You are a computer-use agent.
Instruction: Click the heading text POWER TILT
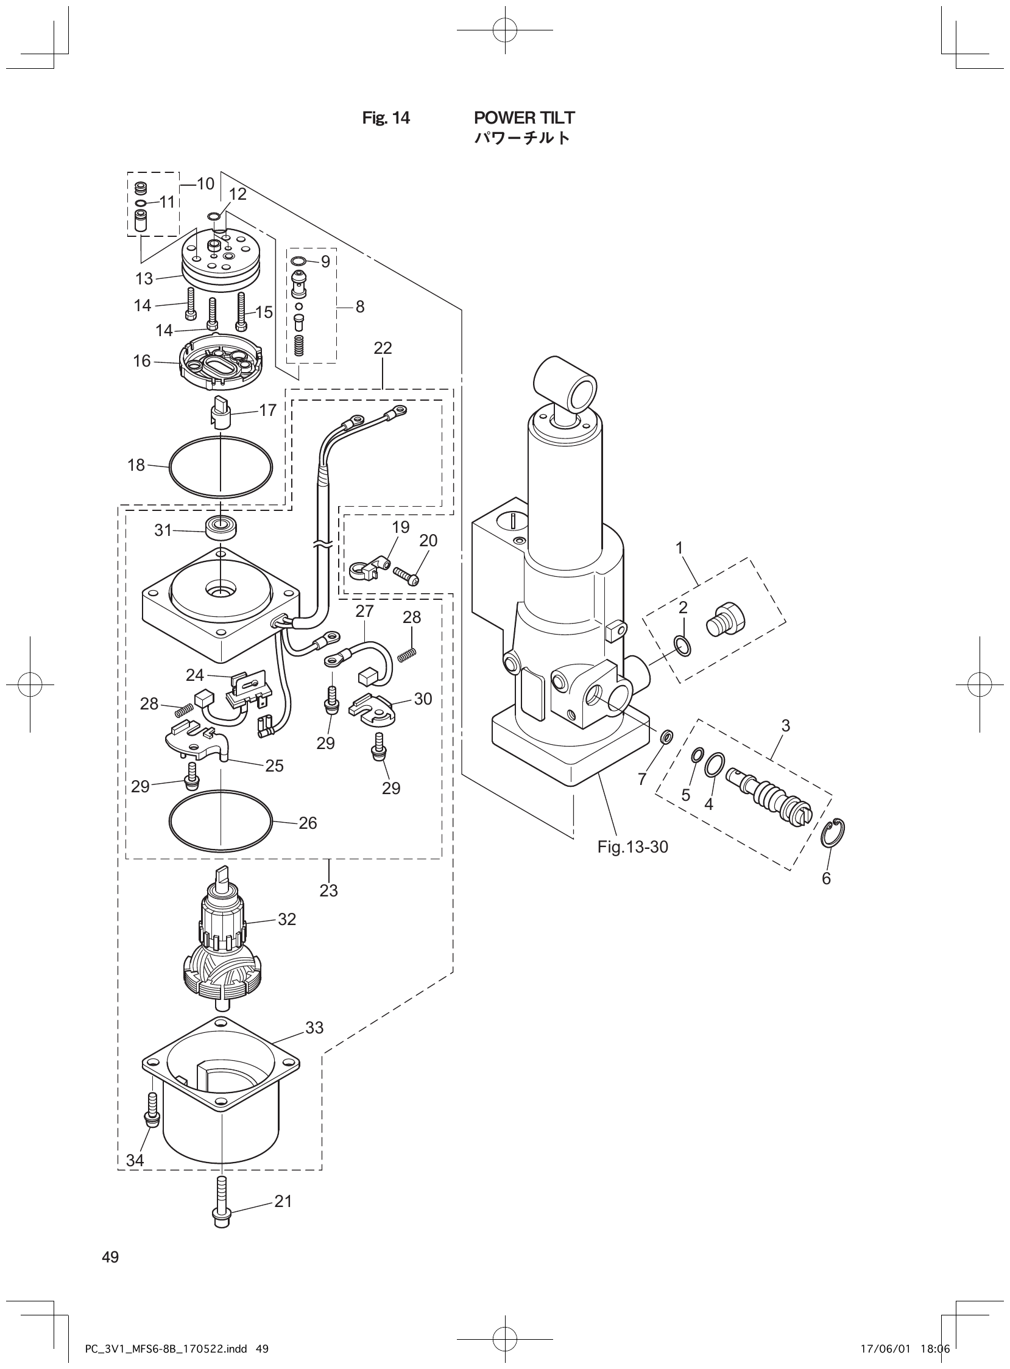[524, 118]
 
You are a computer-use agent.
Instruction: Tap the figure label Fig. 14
[386, 118]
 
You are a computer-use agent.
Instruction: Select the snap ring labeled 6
[834, 832]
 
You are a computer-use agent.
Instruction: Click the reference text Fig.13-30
[633, 847]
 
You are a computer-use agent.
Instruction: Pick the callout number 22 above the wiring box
[383, 348]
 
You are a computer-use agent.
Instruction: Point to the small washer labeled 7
[667, 738]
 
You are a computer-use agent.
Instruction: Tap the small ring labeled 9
[298, 262]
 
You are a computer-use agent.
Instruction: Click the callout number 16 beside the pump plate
[142, 361]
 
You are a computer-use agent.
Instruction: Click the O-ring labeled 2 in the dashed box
[683, 645]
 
